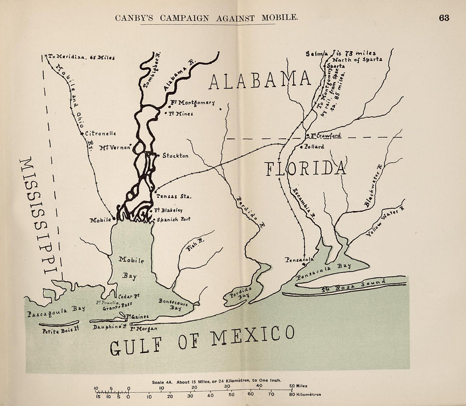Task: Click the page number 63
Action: click(444, 18)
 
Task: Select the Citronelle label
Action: click(101, 133)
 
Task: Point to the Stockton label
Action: click(175, 156)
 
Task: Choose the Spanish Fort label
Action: click(174, 220)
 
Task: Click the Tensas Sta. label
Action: click(174, 196)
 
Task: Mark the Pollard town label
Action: click(314, 147)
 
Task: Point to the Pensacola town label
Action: click(299, 259)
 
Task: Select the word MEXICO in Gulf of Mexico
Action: click(252, 338)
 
